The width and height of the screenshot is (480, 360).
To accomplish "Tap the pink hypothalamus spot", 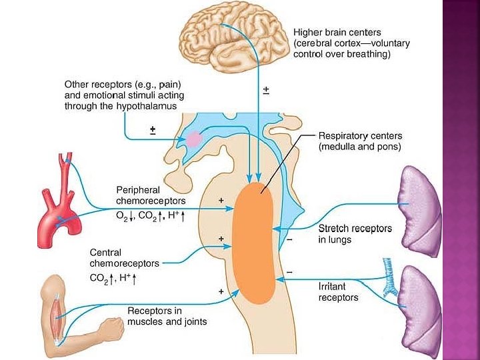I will [x=194, y=139].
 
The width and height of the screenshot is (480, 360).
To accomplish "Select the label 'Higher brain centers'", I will [x=337, y=32].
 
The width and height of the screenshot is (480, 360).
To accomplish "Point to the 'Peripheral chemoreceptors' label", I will [x=151, y=195].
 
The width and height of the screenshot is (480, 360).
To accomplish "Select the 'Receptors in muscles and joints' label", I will [x=167, y=316].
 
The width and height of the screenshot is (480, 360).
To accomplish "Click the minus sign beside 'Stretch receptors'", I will [x=289, y=238].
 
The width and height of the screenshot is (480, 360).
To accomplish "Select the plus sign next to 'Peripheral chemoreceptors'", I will [x=221, y=199].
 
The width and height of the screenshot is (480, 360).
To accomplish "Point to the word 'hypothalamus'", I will [x=146, y=106].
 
